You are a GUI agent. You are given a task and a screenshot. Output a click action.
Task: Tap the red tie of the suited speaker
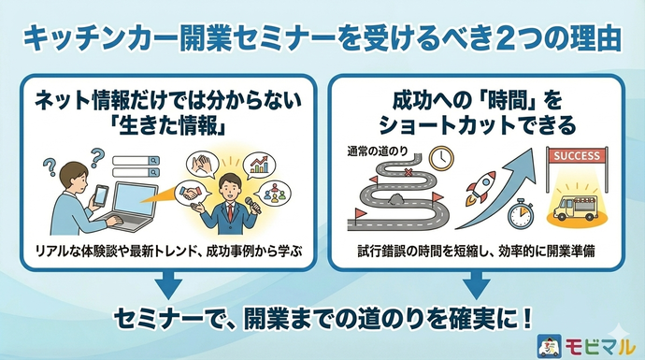pyautogui.click(x=231, y=214)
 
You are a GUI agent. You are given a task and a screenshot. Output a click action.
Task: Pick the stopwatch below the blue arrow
pyautogui.click(x=519, y=212)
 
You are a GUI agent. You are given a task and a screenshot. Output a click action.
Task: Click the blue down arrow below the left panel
pyautogui.click(x=165, y=280)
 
